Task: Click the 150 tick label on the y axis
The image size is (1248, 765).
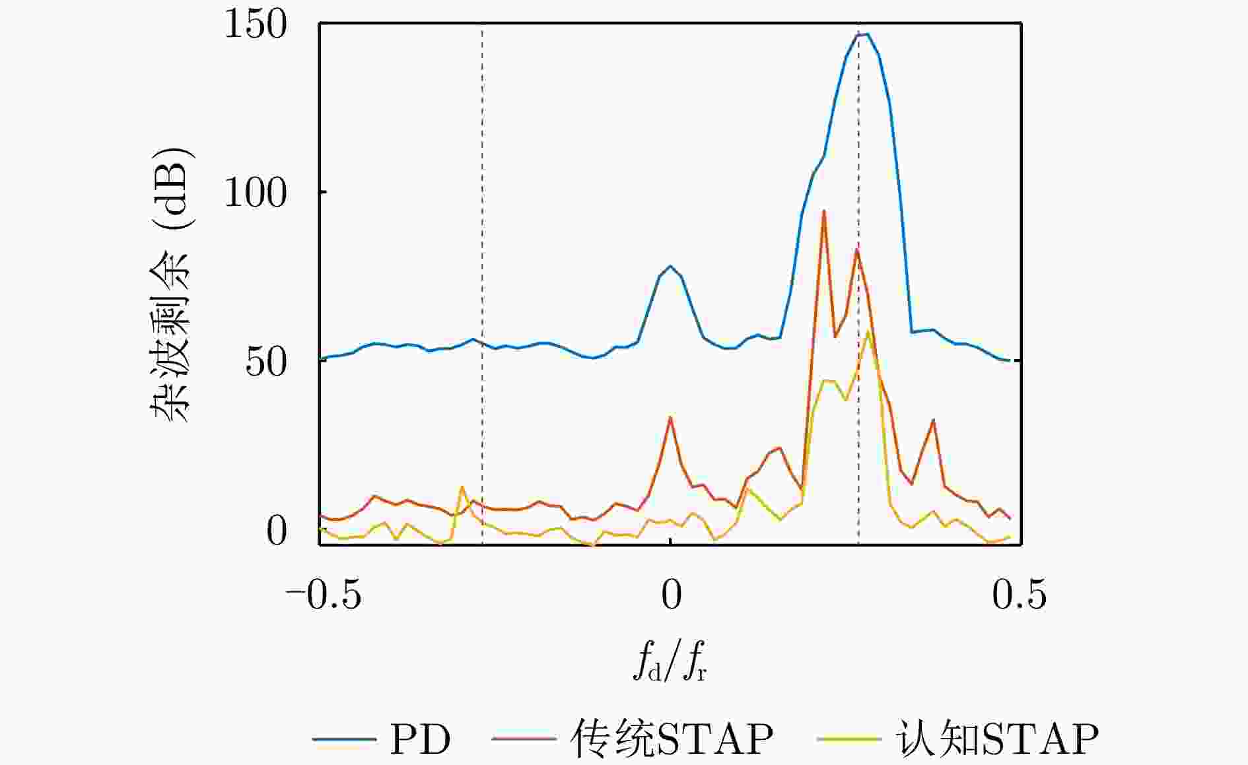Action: tap(256, 25)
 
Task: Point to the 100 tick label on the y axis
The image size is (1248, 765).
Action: tap(256, 193)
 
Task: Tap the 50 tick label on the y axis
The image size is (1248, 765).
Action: tap(266, 362)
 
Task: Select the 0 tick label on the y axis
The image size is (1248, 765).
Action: tap(277, 531)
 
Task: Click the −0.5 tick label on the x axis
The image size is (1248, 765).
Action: tap(323, 595)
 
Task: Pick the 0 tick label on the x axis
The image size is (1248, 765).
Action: tap(671, 595)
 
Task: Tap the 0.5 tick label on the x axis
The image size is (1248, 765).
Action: tap(1019, 595)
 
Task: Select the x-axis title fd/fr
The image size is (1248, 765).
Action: tap(670, 662)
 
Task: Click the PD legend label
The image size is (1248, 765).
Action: tap(420, 739)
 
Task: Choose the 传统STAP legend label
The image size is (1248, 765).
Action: tap(672, 739)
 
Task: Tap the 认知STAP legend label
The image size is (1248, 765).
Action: tap(996, 739)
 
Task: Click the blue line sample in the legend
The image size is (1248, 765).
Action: tap(343, 739)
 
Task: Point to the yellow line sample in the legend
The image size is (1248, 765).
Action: tap(849, 739)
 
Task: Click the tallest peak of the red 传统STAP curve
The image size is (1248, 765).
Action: tap(823, 211)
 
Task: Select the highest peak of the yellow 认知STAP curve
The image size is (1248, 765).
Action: tap(868, 331)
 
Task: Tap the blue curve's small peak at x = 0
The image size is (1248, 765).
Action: tap(670, 267)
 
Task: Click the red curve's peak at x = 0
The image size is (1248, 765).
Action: tap(670, 417)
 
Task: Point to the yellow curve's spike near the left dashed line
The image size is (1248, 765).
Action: tap(462, 487)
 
